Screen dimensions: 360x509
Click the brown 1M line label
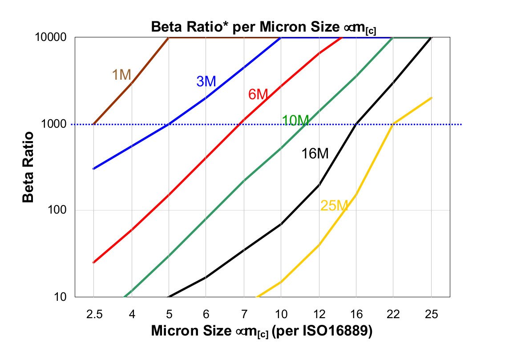121,75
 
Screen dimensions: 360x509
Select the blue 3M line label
206,81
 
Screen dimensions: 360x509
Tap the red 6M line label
258,94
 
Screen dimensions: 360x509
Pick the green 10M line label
295,120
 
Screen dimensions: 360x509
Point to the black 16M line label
315,154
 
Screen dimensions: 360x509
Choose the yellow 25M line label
334,206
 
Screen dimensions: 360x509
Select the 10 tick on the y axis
61,297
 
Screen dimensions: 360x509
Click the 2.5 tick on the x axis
94,314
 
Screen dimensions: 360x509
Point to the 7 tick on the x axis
243,314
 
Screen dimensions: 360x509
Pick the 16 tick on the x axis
356,314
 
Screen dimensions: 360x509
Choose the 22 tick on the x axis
393,314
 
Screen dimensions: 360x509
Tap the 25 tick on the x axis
431,314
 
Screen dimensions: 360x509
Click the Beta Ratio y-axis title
28,167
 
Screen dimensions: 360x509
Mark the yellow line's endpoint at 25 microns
431,98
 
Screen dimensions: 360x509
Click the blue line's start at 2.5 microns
93,169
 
